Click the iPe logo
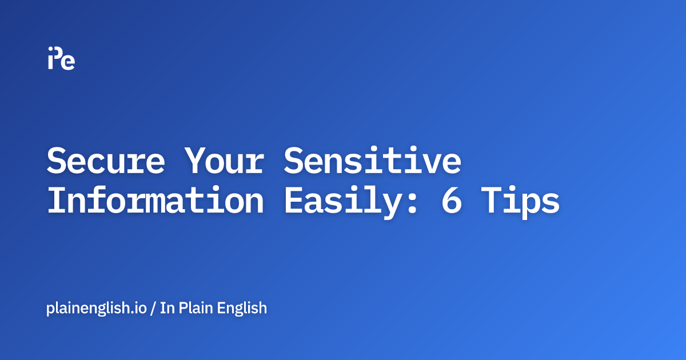(x=61, y=58)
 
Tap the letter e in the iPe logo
(x=69, y=62)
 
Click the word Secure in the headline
(x=105, y=161)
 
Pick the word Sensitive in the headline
(x=372, y=161)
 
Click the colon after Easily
(x=411, y=203)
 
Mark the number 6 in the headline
(x=451, y=201)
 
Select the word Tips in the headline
(x=520, y=201)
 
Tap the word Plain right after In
(x=196, y=308)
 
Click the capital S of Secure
(x=57, y=161)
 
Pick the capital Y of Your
(x=194, y=161)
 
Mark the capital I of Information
(x=57, y=201)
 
